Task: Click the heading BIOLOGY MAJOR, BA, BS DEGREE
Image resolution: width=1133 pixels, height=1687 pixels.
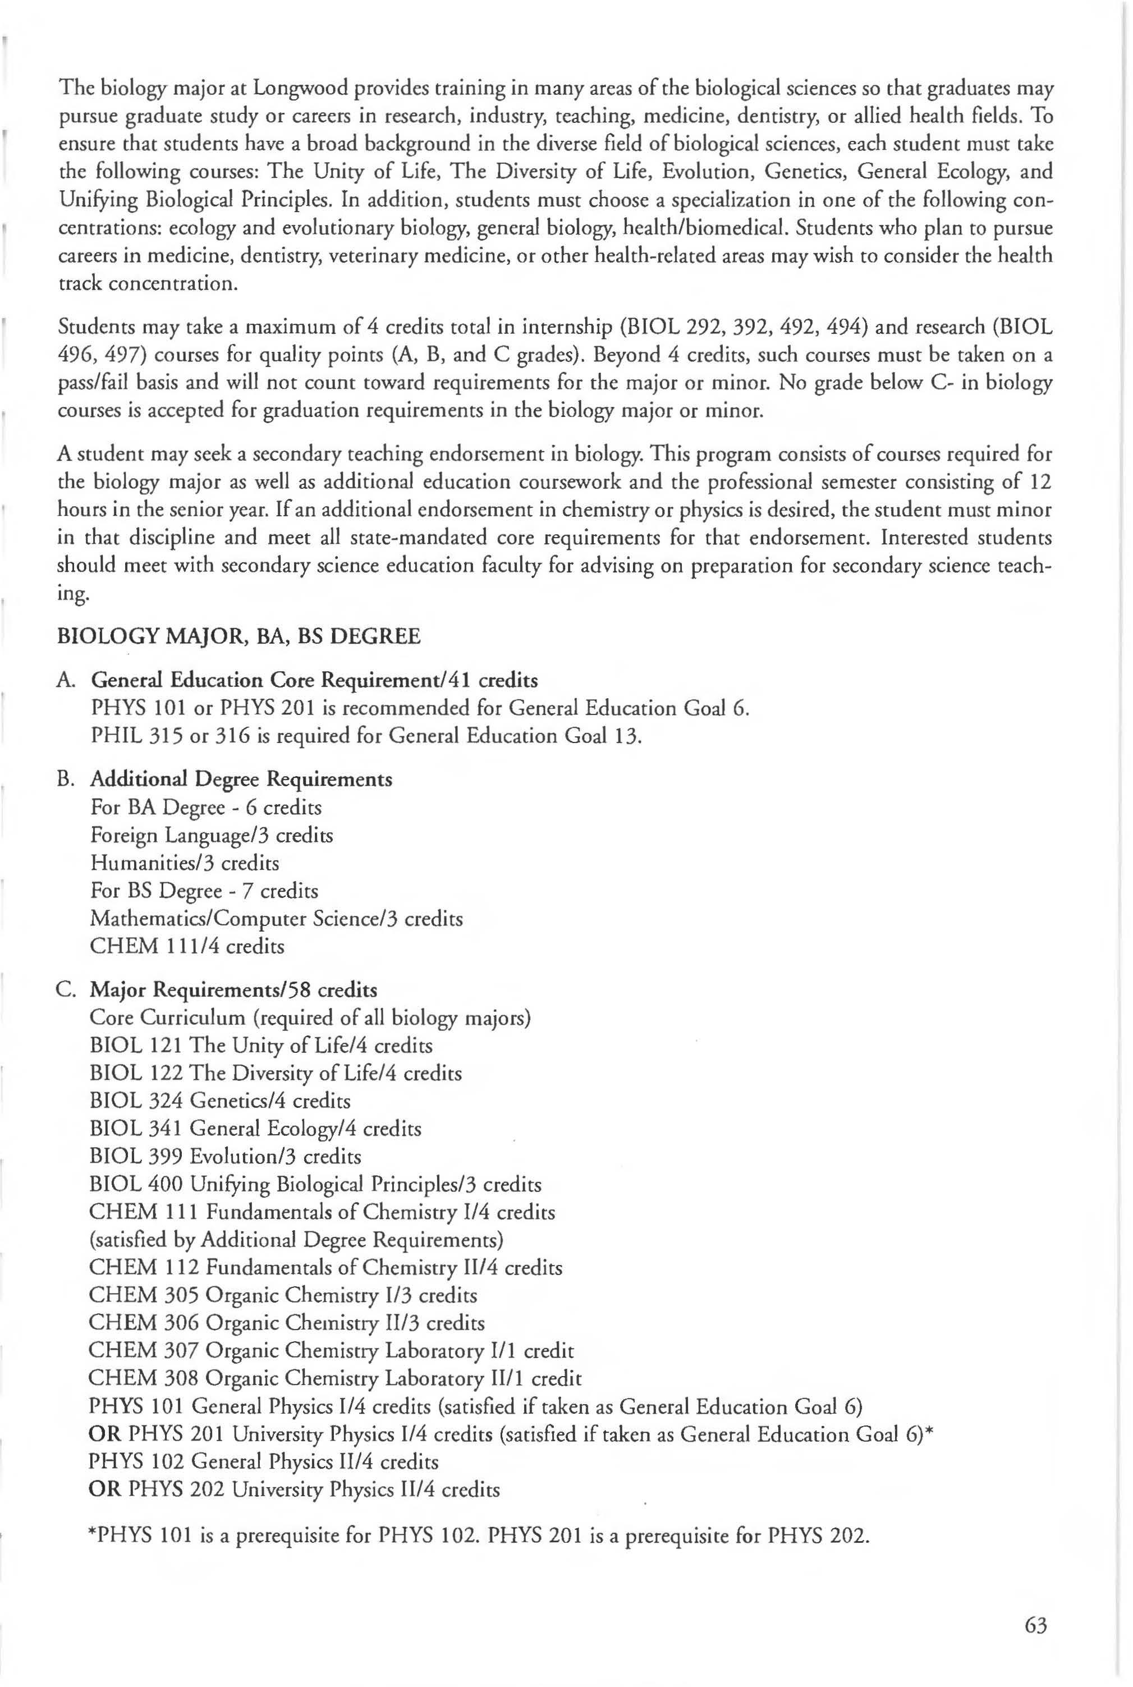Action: click(x=238, y=636)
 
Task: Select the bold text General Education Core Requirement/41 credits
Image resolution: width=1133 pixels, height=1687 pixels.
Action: click(x=314, y=681)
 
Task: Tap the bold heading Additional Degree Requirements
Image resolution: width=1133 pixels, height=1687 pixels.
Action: click(x=241, y=780)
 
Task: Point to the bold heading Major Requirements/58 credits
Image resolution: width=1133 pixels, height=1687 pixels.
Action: click(x=233, y=990)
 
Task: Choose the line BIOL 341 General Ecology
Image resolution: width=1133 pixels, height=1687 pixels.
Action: click(x=255, y=1129)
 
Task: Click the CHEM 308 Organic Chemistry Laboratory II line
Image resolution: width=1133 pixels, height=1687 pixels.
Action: click(x=334, y=1378)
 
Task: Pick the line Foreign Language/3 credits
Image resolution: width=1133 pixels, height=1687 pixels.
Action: click(x=211, y=835)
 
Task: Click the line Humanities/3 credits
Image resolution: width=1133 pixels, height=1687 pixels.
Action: click(x=184, y=863)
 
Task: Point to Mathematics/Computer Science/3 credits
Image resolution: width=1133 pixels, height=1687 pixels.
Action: click(x=276, y=919)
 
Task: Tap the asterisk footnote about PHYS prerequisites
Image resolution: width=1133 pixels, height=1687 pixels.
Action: click(x=478, y=1534)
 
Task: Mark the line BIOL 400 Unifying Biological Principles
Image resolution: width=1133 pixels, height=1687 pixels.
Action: click(x=315, y=1185)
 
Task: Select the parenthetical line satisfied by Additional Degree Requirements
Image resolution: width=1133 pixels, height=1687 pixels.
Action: click(x=296, y=1240)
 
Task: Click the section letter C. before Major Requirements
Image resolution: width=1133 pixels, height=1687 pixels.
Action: click(x=65, y=990)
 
